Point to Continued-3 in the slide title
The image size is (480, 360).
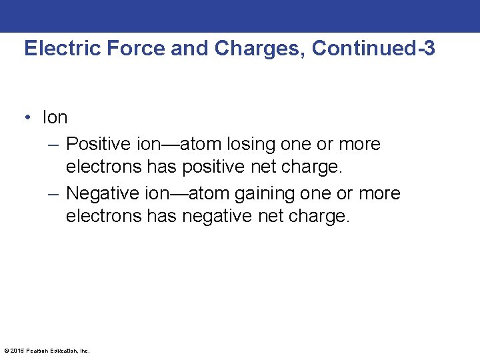click(373, 49)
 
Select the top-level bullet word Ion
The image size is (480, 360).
click(55, 118)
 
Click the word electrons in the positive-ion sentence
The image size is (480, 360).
click(104, 167)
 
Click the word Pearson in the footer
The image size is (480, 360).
click(35, 351)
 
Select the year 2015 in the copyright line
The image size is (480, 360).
click(16, 351)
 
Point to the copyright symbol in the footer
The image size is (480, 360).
click(6, 351)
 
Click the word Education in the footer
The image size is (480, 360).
click(63, 351)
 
